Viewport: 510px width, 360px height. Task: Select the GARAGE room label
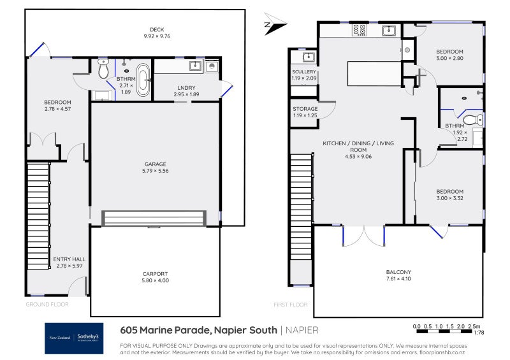coord(155,164)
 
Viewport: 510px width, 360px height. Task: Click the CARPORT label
coord(155,274)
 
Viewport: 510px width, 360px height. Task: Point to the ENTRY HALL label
coord(69,259)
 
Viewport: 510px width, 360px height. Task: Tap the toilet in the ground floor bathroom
coord(105,67)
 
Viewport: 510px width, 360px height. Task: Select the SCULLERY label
coord(304,72)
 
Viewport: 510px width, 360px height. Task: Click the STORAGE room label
coord(304,109)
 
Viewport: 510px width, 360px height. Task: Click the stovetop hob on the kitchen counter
coord(359,29)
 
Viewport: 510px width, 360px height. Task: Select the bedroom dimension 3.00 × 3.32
coord(449,199)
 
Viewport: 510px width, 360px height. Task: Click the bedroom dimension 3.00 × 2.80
coord(449,59)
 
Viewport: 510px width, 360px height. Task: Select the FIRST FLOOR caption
coord(290,305)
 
